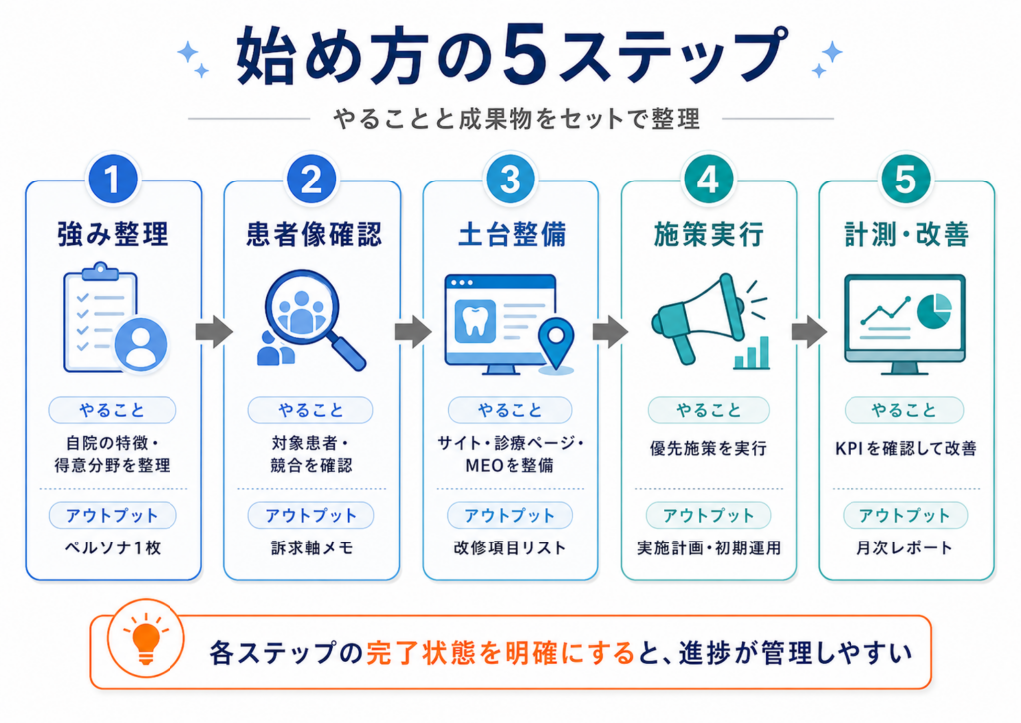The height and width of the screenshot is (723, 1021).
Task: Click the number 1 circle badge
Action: pos(113,180)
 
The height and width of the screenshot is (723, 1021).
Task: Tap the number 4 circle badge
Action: pos(709,180)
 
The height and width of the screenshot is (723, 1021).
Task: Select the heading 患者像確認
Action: pos(314,234)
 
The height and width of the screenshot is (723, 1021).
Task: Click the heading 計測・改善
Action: pos(906,234)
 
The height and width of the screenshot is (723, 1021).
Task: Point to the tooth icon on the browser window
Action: pos(475,320)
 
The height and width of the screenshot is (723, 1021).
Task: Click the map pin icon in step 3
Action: pos(556,344)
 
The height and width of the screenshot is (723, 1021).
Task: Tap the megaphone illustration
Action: pos(698,318)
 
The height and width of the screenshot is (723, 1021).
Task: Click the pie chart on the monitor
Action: pos(934,310)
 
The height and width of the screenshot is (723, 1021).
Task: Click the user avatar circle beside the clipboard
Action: pos(140,345)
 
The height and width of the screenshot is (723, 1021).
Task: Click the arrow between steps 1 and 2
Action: pos(214,331)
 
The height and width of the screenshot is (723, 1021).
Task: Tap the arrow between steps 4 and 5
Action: pos(809,331)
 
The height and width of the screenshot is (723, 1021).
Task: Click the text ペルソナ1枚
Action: pos(113,547)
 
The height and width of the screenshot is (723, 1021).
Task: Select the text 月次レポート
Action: pos(905,547)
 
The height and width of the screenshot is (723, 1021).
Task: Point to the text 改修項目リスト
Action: pos(510,547)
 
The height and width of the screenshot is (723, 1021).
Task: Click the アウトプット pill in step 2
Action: pos(311,516)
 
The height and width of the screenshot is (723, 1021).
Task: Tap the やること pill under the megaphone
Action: pos(709,410)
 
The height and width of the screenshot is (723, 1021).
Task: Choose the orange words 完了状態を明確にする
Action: pos(501,652)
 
